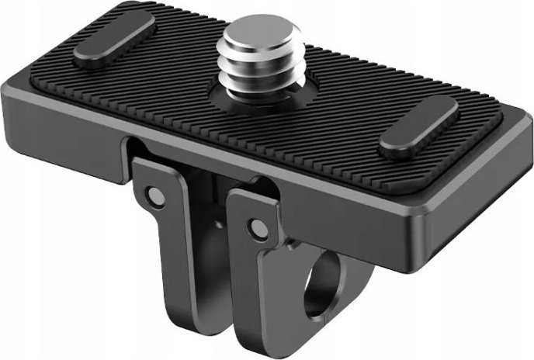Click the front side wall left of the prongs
93,116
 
